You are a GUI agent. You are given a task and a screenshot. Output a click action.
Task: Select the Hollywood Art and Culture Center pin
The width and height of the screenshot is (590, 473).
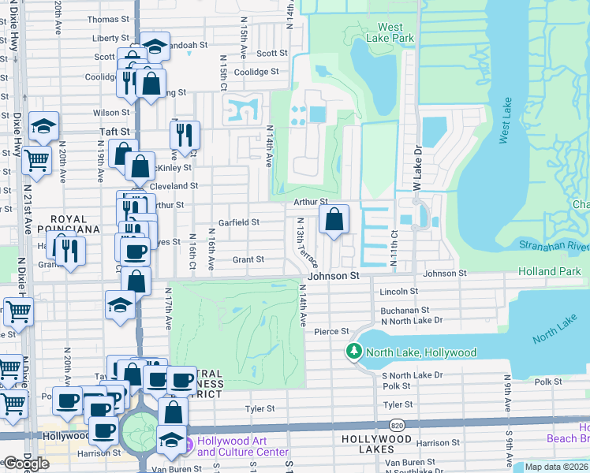189,446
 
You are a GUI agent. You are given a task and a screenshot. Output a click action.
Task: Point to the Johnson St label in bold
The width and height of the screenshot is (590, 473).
333,277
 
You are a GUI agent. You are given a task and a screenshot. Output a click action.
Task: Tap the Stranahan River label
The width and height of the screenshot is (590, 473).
554,246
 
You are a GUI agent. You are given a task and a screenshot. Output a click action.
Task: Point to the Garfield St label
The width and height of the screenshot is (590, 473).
239,222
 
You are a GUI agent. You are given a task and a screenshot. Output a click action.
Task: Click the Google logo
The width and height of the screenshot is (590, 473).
26,463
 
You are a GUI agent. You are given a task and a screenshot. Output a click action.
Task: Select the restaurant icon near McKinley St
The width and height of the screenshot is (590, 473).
185,135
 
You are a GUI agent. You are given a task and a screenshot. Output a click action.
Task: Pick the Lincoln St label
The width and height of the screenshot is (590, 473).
398,292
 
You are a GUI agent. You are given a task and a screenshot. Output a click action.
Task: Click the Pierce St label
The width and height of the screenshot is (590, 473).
331,332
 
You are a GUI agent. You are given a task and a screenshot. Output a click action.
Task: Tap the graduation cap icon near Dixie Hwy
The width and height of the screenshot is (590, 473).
43,125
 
